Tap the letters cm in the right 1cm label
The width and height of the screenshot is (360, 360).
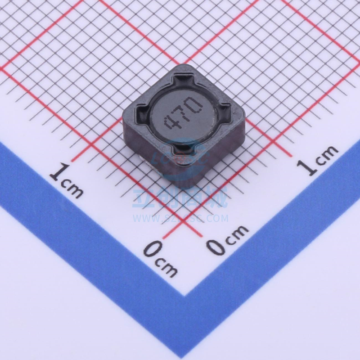pyautogui.click(x=327, y=155)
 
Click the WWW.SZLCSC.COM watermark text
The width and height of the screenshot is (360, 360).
pyautogui.click(x=180, y=219)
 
